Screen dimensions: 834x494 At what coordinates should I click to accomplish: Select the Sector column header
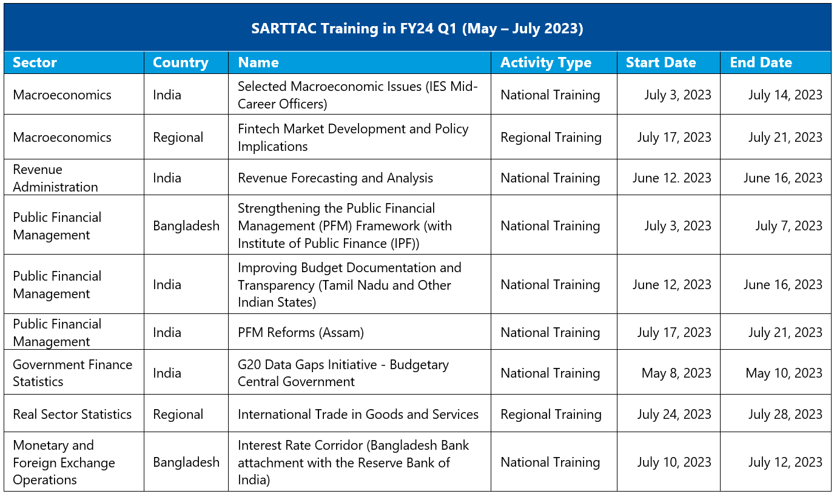[x=35, y=62]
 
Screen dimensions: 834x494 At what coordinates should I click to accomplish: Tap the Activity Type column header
[x=545, y=62]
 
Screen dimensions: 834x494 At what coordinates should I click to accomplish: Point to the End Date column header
[x=761, y=62]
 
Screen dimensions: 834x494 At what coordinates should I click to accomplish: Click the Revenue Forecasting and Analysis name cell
[x=335, y=178]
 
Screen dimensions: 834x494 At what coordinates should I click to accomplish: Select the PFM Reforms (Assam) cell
[x=301, y=332]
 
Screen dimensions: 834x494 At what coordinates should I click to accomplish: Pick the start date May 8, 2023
[x=676, y=373]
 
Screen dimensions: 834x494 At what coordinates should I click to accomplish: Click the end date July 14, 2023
[x=785, y=95]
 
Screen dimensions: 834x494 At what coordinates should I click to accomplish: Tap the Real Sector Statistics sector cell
[x=72, y=414]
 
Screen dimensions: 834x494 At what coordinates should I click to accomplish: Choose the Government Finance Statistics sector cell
[x=72, y=373]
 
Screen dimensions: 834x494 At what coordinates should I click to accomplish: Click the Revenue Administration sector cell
[x=55, y=178]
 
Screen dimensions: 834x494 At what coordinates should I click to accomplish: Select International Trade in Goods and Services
[x=358, y=414]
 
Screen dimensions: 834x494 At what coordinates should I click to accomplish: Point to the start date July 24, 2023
[x=674, y=414]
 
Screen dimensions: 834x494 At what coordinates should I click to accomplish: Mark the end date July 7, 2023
[x=789, y=225]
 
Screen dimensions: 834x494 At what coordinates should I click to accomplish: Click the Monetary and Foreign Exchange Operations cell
[x=64, y=462]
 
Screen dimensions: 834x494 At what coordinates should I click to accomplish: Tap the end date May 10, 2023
[x=784, y=373]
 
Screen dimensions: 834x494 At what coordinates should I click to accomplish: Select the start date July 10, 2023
[x=674, y=462]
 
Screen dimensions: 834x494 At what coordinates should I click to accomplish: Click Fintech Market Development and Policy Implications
[x=353, y=137]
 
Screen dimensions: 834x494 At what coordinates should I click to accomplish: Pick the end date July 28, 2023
[x=785, y=414]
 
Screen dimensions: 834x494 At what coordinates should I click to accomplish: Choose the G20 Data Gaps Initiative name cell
[x=343, y=373]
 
